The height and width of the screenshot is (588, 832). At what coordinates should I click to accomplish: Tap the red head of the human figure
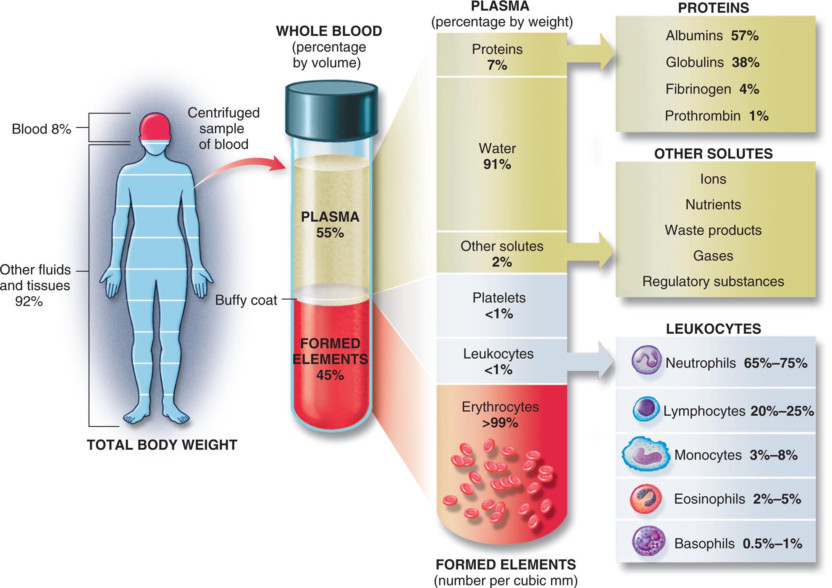click(x=155, y=126)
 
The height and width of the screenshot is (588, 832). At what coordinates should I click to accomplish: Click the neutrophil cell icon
click(x=646, y=360)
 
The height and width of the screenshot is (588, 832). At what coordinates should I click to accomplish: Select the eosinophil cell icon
click(x=646, y=499)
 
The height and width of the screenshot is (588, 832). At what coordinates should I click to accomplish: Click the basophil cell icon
click(x=648, y=542)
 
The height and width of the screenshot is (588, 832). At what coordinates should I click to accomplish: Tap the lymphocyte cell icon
click(x=646, y=409)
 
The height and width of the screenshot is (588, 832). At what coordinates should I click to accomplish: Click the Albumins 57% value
click(x=745, y=36)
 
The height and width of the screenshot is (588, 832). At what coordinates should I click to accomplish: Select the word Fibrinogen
click(x=698, y=89)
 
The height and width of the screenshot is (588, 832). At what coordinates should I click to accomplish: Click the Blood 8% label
click(x=41, y=129)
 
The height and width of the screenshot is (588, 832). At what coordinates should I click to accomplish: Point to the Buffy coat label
click(x=246, y=300)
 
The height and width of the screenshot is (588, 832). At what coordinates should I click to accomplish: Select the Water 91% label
click(x=497, y=156)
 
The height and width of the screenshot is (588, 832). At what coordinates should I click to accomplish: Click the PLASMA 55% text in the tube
click(x=330, y=225)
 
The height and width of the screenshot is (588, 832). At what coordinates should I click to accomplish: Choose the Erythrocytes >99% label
click(x=500, y=415)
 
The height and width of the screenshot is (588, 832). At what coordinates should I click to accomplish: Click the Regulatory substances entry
click(x=713, y=281)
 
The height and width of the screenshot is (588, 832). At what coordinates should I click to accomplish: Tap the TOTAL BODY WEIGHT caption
click(x=162, y=445)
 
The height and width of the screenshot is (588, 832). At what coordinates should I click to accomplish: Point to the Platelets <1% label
click(x=499, y=305)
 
